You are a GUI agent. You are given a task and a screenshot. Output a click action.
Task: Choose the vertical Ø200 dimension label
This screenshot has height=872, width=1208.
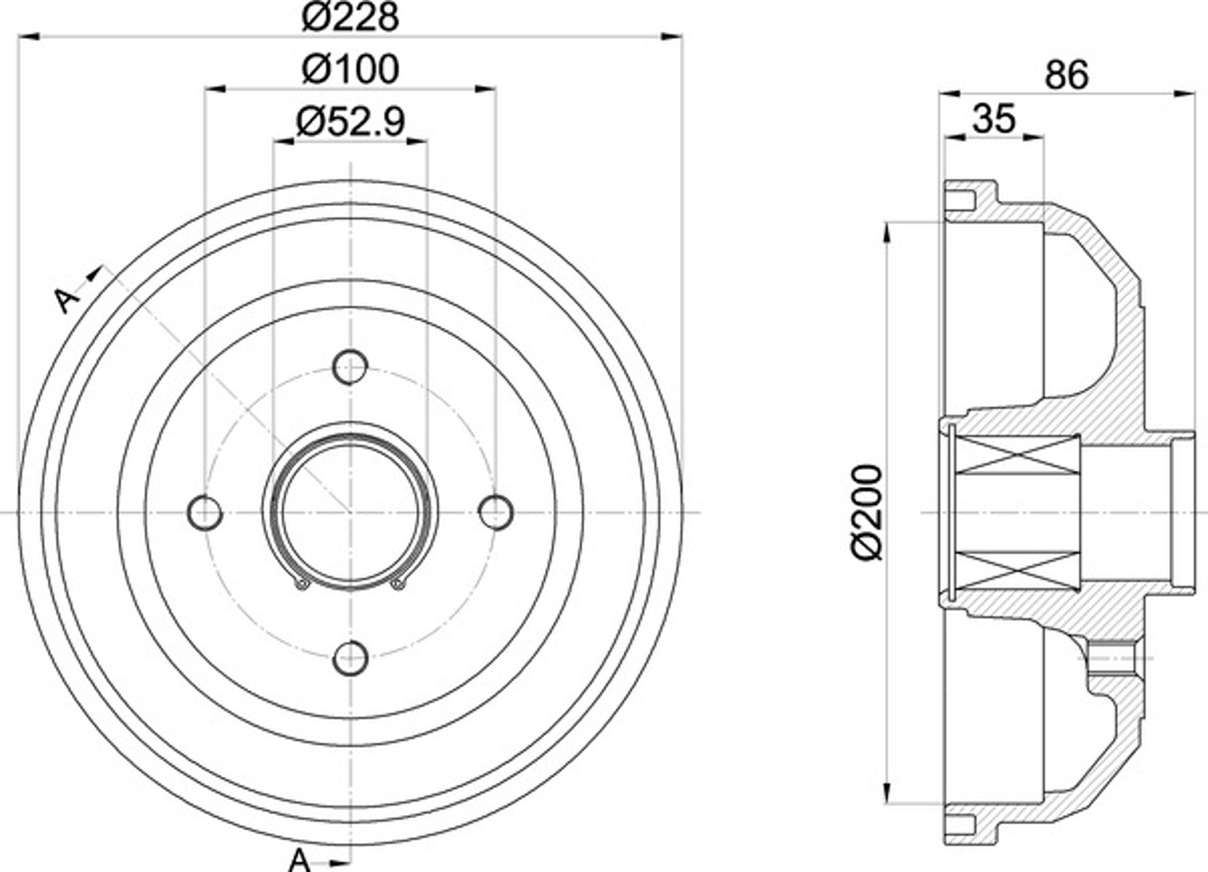tap(868, 513)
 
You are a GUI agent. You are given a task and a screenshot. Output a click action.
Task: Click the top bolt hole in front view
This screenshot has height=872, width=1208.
tap(350, 367)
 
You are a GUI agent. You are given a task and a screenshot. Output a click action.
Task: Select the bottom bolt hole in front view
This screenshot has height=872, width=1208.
tap(350, 659)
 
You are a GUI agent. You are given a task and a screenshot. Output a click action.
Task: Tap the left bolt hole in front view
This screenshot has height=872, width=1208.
tap(205, 513)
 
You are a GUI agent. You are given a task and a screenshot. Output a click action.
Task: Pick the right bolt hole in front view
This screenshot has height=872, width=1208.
tap(496, 513)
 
